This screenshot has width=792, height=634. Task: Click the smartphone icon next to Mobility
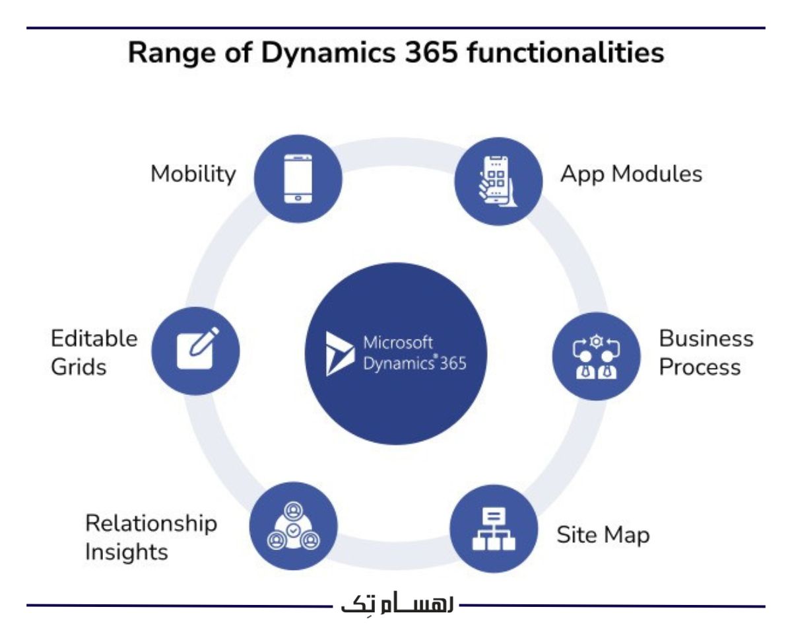298,178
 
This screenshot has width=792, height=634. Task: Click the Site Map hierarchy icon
492,529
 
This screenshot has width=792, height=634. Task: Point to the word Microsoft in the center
399,343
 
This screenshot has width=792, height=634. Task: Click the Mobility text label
193,174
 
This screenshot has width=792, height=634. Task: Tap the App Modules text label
631,174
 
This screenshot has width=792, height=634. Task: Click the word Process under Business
700,367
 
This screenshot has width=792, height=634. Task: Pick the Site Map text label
603,535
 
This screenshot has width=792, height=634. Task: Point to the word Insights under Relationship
127,551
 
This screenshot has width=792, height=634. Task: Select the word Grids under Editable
79,367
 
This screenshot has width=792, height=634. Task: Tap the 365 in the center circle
452,364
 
